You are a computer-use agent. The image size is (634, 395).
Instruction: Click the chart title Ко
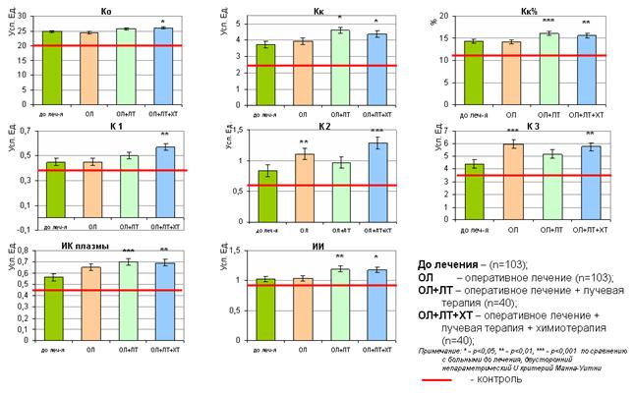pyautogui.click(x=105, y=10)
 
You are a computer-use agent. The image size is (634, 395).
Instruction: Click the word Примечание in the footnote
pyautogui.click(x=439, y=350)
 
